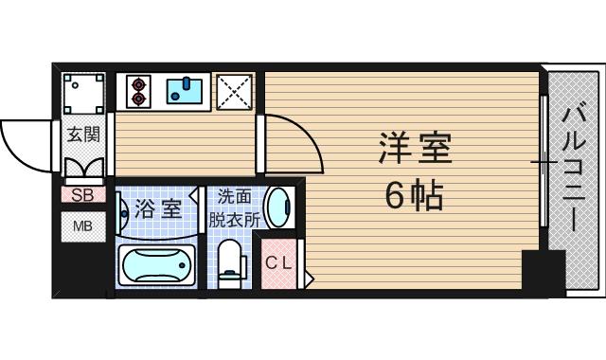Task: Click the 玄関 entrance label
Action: [82, 135]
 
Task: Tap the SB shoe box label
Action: [82, 195]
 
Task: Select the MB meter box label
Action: [82, 227]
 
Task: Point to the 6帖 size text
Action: [415, 197]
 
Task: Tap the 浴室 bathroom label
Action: [156, 207]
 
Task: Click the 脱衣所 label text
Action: [235, 217]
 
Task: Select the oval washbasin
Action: [277, 207]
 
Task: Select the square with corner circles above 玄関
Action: [83, 94]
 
